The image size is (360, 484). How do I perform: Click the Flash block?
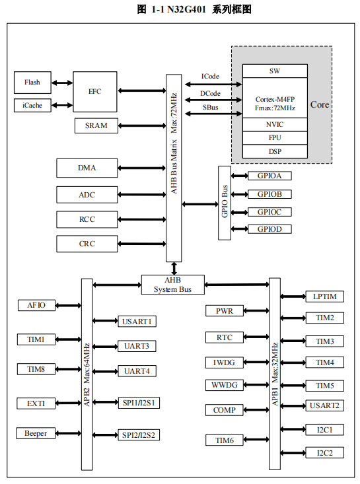32,83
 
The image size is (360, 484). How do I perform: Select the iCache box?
32,105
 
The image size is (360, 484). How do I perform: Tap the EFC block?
94,92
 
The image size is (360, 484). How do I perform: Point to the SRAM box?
96,125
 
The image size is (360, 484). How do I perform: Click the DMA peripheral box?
87,168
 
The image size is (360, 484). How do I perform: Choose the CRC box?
87,244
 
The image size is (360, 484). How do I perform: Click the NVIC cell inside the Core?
275,124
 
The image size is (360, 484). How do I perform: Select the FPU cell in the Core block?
275,137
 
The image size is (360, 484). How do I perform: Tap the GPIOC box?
270,212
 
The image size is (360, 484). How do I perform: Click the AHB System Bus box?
172,285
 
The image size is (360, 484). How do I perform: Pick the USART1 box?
137,322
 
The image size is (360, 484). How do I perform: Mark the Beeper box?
36,433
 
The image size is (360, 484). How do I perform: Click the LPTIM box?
324,296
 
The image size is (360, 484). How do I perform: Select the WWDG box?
224,385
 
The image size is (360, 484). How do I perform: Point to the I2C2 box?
324,453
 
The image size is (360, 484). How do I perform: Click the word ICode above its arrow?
210,76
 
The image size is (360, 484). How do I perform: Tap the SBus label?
210,108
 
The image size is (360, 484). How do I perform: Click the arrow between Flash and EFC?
62,83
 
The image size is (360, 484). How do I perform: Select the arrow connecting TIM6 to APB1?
256,440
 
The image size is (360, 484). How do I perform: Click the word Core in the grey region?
320,104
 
